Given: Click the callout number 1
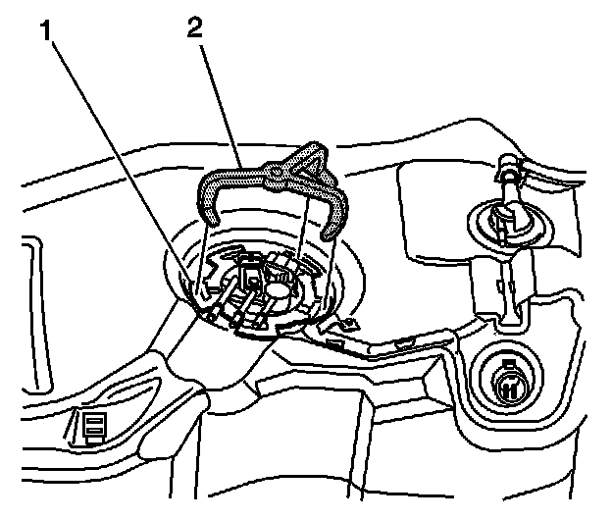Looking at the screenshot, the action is (47, 30).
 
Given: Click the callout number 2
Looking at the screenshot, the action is (195, 28).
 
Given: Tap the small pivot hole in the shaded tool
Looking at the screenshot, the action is (277, 171).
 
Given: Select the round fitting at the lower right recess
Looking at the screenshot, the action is (508, 383).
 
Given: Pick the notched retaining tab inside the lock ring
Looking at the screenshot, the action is (213, 271).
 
